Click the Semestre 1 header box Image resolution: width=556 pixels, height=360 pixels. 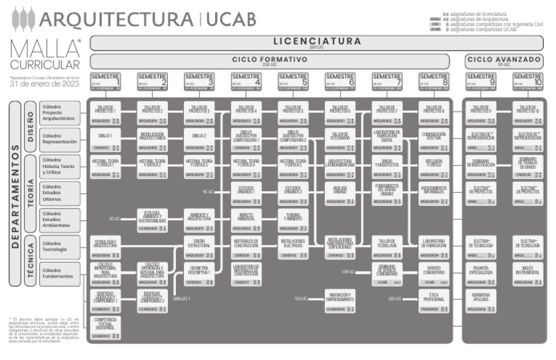pos(106,81)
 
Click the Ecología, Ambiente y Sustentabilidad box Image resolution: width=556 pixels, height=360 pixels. pos(152,219)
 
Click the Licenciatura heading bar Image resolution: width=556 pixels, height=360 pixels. pos(316,42)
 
